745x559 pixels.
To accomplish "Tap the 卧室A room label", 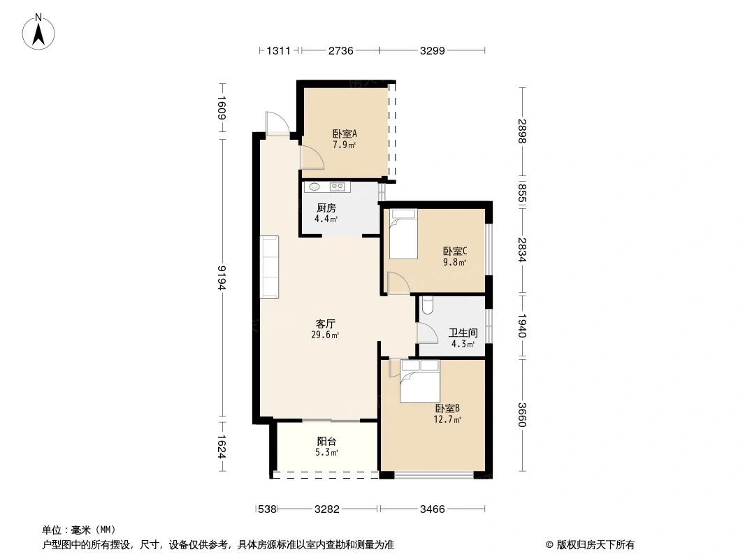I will point(345,133).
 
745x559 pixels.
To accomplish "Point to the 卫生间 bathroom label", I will point(462,333).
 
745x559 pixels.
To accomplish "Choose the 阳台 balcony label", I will point(326,442).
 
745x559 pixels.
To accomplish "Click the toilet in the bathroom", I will point(428,305).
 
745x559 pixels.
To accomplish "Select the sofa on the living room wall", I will point(270,267).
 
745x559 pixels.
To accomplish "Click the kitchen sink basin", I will point(314,187).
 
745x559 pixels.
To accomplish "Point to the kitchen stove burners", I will point(338,187).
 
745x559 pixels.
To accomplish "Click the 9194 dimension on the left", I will point(222,277).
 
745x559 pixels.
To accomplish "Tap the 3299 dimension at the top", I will point(433,50).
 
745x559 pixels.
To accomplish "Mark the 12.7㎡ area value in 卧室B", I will point(447,420).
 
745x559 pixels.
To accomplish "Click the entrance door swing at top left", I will point(274,122).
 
